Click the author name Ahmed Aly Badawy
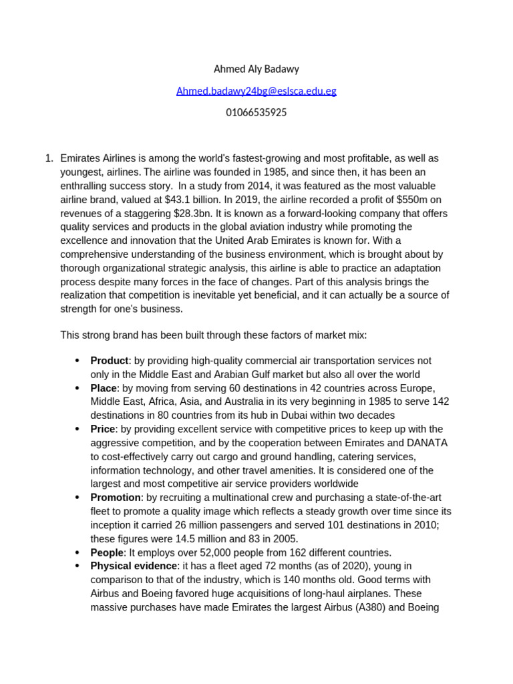(x=256, y=69)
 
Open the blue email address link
(x=256, y=91)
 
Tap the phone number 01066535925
(x=256, y=112)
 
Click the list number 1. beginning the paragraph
(x=48, y=158)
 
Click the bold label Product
(x=110, y=361)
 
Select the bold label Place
(x=104, y=388)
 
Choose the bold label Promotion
(x=116, y=498)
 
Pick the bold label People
(x=107, y=552)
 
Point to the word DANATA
(x=427, y=443)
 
